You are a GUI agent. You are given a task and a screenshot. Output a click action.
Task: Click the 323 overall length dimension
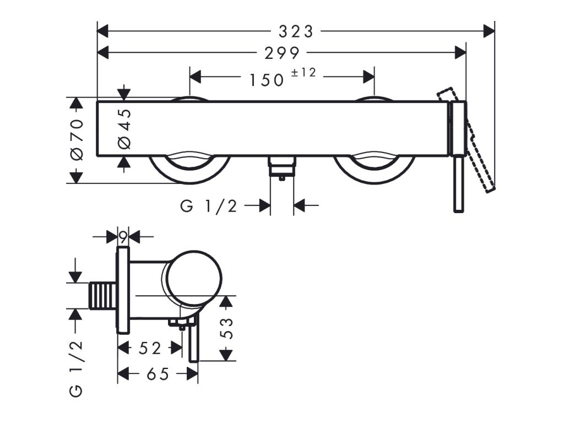295,31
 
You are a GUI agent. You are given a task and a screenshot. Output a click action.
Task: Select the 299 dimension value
281,53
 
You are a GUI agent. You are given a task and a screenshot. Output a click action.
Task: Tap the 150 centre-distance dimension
267,80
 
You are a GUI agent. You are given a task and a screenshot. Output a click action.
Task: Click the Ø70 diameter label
77,139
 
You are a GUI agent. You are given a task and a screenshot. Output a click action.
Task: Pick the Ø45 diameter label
125,128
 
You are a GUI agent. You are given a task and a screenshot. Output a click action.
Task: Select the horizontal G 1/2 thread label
209,206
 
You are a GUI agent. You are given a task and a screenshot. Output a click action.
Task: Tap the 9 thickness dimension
123,237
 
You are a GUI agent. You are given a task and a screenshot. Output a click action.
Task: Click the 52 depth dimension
150,348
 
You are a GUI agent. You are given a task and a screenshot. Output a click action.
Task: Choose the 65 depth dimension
158,375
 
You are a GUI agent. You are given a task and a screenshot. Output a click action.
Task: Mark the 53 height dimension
227,328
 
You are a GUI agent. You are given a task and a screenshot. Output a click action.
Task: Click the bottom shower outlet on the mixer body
281,167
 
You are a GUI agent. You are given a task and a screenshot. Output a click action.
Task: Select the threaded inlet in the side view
103,296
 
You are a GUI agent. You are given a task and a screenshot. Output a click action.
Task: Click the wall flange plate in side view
123,290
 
